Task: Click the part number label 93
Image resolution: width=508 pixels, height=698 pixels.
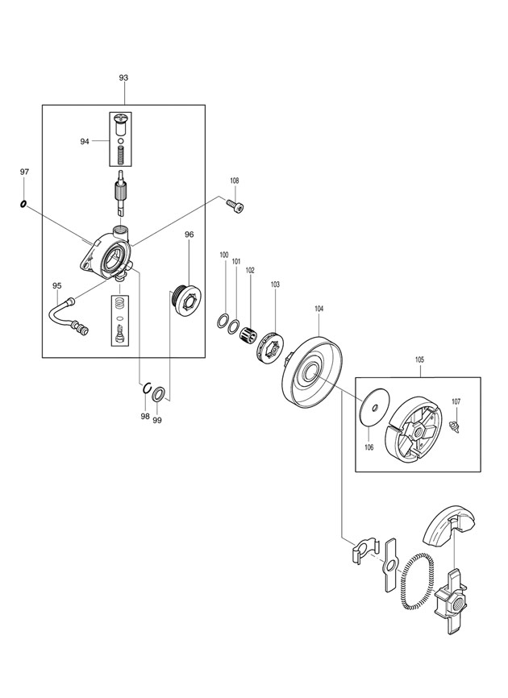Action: [x=123, y=77]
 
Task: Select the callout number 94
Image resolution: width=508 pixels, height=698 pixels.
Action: [x=85, y=142]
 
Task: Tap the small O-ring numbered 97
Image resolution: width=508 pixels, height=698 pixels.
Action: [x=23, y=205]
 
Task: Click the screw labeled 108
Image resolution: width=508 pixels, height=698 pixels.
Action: [x=236, y=206]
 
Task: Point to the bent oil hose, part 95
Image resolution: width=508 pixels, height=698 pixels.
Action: [x=66, y=316]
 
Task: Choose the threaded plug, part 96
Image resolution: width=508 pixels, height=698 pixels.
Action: [x=186, y=299]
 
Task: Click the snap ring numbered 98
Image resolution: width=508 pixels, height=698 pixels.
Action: [x=147, y=388]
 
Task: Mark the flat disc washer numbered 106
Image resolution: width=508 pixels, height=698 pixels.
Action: [x=374, y=406]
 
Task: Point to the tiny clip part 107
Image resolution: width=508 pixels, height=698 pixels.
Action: [x=455, y=425]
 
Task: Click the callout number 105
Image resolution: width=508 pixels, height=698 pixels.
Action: [x=419, y=359]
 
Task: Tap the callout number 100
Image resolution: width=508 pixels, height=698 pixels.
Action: [x=224, y=255]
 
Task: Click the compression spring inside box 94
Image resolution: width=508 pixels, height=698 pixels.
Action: [x=120, y=156]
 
